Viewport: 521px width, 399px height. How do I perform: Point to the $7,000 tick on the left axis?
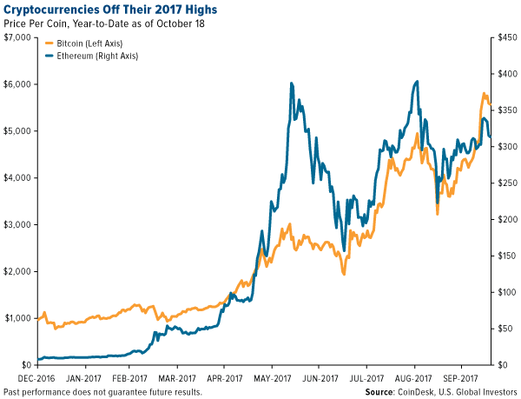tap(17, 37)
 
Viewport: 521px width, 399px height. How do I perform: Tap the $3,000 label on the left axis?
tap(17, 224)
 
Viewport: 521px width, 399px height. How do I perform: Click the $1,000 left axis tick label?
tap(17, 318)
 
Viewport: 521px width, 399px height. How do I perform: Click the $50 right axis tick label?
tap(505, 329)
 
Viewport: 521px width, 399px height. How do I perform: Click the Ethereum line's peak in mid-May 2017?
tap(292, 83)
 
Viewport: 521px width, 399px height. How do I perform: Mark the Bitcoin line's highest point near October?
tap(483, 93)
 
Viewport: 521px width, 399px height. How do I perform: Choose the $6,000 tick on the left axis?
tap(17, 83)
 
